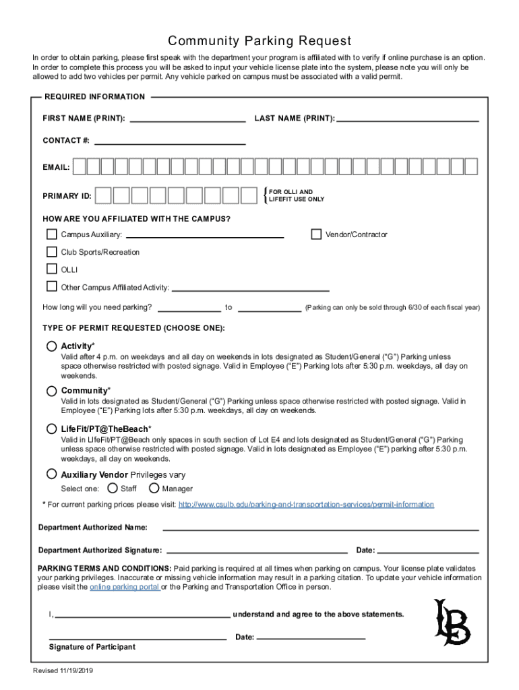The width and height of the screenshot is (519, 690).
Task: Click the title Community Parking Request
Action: (259, 41)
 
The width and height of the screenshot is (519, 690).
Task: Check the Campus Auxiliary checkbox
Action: (52, 234)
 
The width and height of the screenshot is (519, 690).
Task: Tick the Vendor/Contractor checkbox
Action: (316, 234)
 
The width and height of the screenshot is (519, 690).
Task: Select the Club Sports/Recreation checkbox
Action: (52, 252)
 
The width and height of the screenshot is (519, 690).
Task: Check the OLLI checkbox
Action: (52, 270)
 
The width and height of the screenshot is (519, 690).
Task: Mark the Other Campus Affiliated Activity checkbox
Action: (52, 287)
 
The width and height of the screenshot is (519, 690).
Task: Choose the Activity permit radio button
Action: (52, 346)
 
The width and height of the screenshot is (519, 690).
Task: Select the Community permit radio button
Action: (52, 391)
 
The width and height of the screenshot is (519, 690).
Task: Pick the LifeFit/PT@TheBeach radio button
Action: (52, 429)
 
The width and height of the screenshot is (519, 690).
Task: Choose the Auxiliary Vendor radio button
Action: (52, 474)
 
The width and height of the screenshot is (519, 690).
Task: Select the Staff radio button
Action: (113, 489)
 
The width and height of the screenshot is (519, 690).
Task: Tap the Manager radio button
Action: (154, 489)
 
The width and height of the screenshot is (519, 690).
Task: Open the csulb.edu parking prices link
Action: (306, 505)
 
